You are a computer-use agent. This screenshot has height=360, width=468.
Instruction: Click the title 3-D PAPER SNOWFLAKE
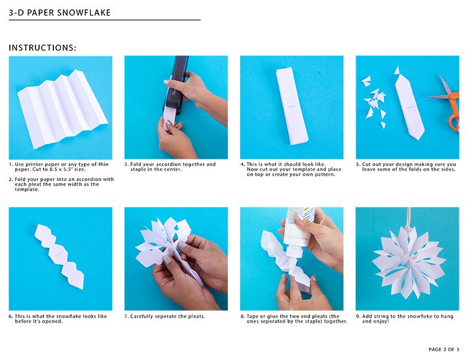[x=60, y=12]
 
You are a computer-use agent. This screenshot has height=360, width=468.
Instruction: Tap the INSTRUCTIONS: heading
[x=42, y=48]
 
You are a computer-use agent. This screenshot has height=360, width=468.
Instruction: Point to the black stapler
[x=177, y=85]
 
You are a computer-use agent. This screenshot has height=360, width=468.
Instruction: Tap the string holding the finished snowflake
[x=408, y=217]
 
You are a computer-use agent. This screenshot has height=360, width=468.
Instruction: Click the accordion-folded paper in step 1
[x=62, y=109]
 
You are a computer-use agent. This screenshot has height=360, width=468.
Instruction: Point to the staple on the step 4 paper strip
[x=292, y=106]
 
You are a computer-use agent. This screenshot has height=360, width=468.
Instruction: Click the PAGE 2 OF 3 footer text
[x=444, y=349]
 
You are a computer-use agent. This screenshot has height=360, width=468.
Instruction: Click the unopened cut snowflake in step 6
[x=60, y=257]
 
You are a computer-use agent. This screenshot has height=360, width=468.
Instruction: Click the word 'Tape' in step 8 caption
[x=253, y=317]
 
